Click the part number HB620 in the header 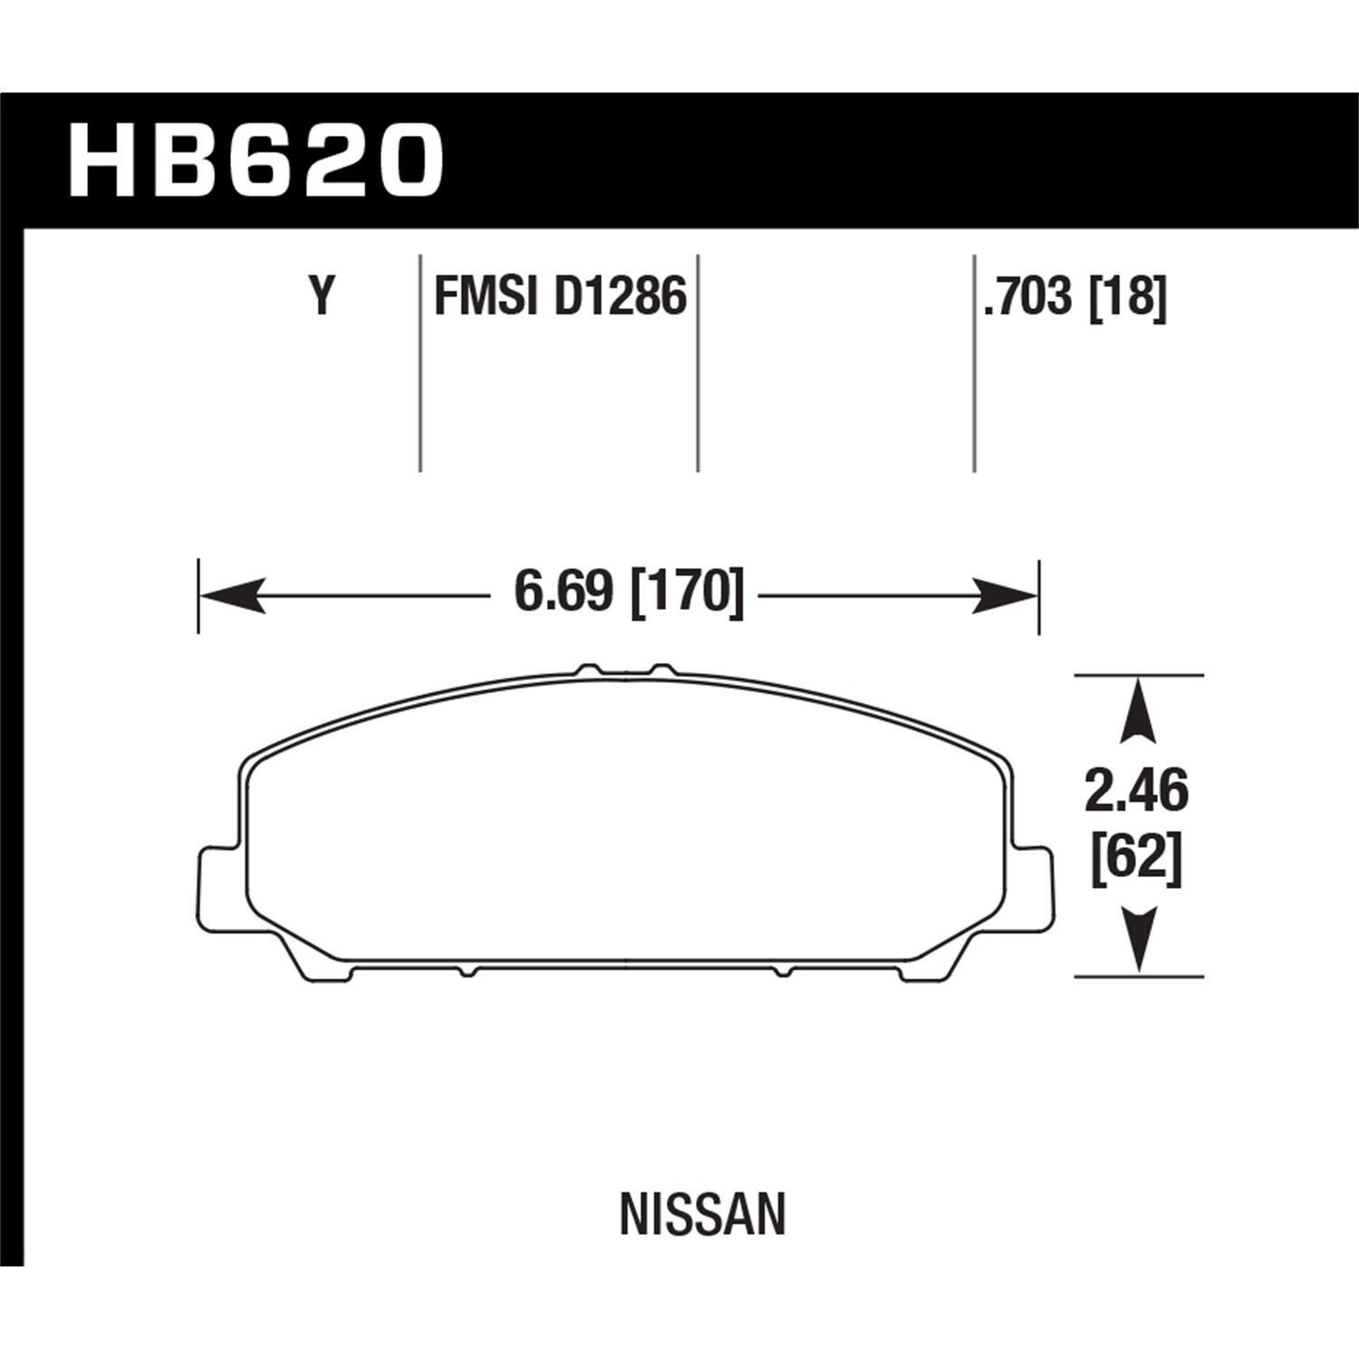tap(255, 162)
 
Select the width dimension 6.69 tap(563, 593)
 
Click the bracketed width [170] tap(686, 593)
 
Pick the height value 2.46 tap(1136, 793)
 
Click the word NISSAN tap(702, 1216)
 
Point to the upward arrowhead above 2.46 tap(1137, 711)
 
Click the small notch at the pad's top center tap(626, 671)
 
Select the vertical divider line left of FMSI tap(420, 362)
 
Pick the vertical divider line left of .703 tap(974, 362)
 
